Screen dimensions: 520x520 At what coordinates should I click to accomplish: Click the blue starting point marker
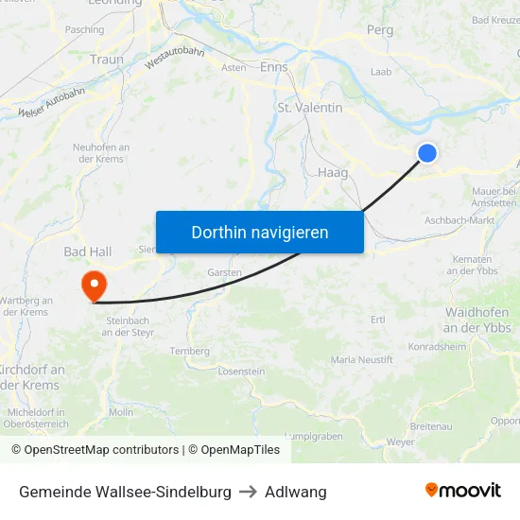click(x=427, y=152)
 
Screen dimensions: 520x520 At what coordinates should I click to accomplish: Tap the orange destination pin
click(x=95, y=284)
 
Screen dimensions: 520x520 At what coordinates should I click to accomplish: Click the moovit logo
click(x=462, y=491)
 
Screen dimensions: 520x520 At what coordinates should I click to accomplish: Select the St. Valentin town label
click(x=310, y=108)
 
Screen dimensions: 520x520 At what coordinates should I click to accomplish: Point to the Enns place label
click(x=273, y=67)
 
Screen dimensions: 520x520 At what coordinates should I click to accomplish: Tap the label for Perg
click(x=379, y=30)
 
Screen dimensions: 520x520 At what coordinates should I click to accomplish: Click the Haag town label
click(x=333, y=173)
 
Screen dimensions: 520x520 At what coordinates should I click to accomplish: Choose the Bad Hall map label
click(x=88, y=252)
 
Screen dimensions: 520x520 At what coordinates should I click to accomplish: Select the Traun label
click(x=107, y=59)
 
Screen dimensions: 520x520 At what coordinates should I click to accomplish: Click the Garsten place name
click(x=225, y=271)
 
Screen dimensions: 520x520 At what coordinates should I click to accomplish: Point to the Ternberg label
click(x=189, y=351)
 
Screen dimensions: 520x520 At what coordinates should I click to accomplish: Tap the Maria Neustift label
click(x=355, y=360)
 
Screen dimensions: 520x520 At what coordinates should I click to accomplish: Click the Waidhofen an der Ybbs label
click(x=477, y=320)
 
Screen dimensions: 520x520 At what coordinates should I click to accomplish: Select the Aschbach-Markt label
click(x=460, y=220)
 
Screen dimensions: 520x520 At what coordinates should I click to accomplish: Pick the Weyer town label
click(x=401, y=442)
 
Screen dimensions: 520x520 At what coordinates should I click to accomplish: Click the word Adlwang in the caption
click(x=296, y=492)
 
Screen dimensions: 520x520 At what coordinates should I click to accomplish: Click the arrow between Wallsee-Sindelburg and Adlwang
click(x=248, y=492)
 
